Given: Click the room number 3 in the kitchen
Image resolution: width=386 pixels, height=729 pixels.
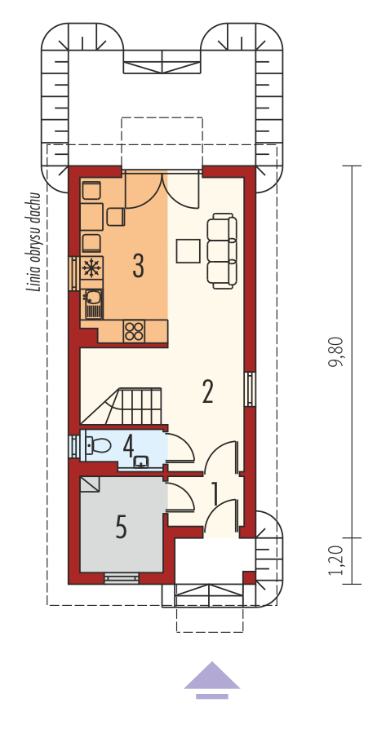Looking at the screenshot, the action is point(138,267).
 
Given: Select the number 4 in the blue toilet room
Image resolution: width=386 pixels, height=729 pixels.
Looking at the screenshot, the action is point(129,447).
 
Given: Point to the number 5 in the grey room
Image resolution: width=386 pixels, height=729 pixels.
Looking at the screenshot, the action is point(122,528).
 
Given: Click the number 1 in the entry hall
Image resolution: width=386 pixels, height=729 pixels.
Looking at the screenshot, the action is point(215,494).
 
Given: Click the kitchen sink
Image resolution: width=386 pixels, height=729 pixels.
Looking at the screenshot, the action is point(93,304).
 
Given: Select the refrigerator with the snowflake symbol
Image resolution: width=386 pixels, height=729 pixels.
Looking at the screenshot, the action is point(91,268).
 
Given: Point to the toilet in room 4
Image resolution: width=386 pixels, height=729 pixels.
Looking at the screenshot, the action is point(98,446).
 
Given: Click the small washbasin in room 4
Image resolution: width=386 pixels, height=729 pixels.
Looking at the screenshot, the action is point(141,462).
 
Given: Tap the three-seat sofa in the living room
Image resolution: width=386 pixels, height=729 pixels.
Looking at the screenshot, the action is point(221,251).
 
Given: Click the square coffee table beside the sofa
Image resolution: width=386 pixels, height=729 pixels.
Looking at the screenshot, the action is point(188,250).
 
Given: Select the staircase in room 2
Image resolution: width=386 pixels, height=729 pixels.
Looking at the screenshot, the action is point(122,406).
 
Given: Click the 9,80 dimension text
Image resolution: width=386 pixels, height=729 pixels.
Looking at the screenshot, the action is point(336,351).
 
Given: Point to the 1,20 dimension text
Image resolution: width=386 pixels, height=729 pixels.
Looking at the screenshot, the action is point(336,561).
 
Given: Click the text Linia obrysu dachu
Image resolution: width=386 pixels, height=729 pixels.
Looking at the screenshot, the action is point(34,241).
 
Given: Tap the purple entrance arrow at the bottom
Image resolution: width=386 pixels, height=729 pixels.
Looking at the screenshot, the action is point(212,680).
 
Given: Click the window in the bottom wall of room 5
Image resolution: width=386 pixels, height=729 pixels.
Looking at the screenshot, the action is point(122,578).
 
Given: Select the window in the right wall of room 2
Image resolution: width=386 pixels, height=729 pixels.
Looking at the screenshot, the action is point(251,389).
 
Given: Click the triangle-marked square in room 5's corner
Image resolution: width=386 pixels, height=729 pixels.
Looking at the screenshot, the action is point(90,484).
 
